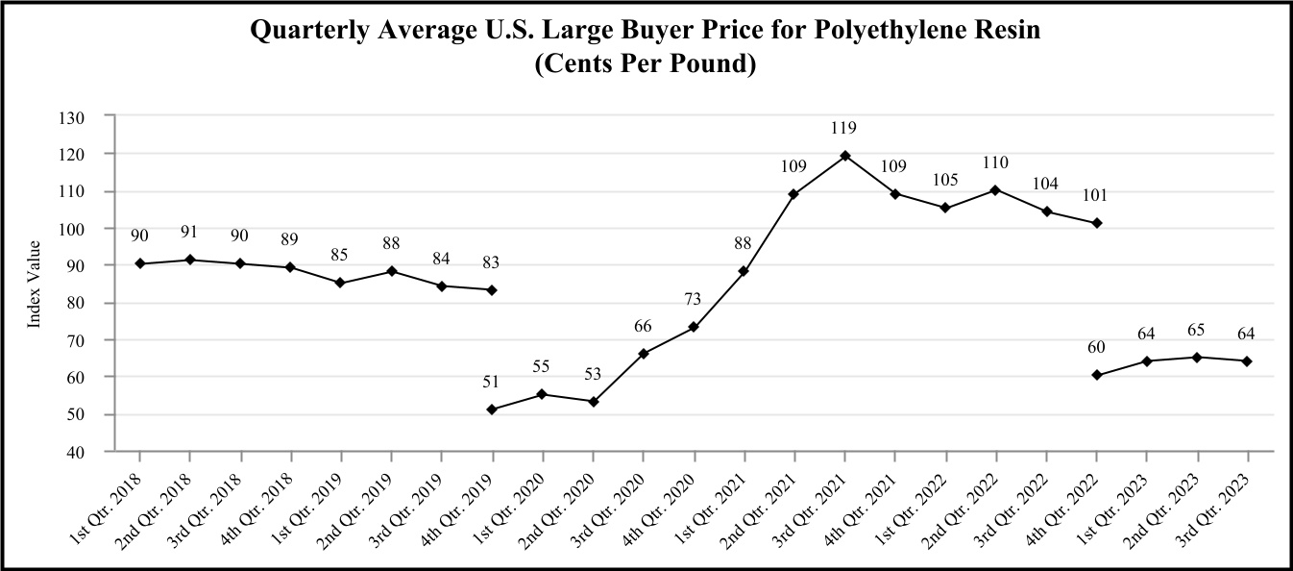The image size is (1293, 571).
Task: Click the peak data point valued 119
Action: coord(844,156)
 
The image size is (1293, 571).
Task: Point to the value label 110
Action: coord(995,163)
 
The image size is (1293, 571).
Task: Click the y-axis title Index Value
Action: coord(35,285)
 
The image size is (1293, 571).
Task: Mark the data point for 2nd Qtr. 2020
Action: coord(593,402)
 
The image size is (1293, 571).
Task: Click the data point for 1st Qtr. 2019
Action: coord(341,283)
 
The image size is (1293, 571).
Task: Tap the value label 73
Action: coord(694,301)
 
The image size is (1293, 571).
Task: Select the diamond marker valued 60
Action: coord(1096,375)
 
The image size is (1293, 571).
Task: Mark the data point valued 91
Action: coord(190,260)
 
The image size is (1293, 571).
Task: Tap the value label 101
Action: coord(1095,196)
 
